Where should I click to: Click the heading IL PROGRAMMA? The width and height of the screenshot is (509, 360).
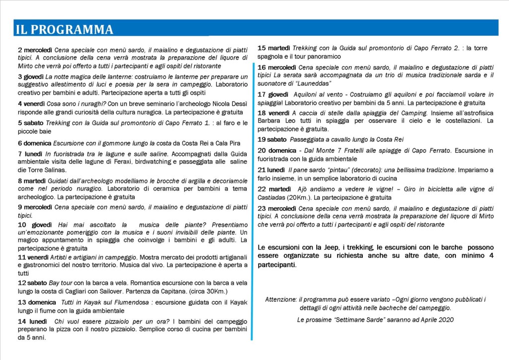(x=64, y=29)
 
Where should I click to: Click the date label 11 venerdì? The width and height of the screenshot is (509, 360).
(x=33, y=257)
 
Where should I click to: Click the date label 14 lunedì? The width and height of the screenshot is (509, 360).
(x=32, y=321)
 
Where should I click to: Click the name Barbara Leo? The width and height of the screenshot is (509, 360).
(x=275, y=121)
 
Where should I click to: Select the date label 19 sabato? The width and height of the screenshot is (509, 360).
(x=272, y=139)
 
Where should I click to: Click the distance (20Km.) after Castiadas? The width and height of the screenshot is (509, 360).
(x=295, y=197)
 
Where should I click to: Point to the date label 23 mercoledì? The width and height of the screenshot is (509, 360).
(x=277, y=208)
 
